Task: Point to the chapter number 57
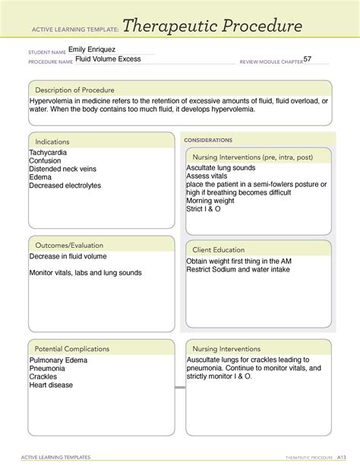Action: tap(307, 59)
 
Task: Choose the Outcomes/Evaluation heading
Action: tap(68, 246)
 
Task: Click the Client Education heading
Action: tap(219, 249)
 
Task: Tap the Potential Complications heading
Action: tap(71, 348)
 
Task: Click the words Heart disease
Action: tap(51, 385)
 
